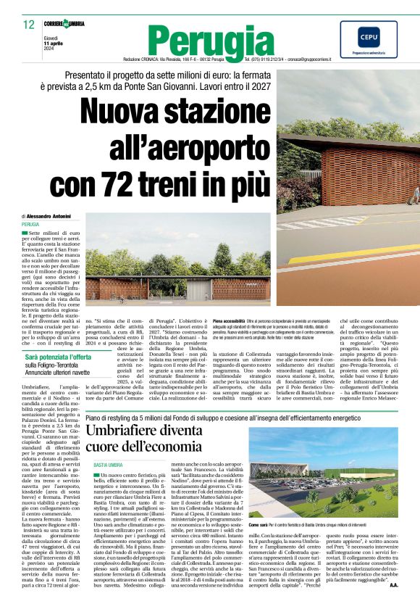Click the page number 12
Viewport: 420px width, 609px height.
coord(28,25)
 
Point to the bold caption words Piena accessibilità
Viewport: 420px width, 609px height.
coord(229,320)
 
